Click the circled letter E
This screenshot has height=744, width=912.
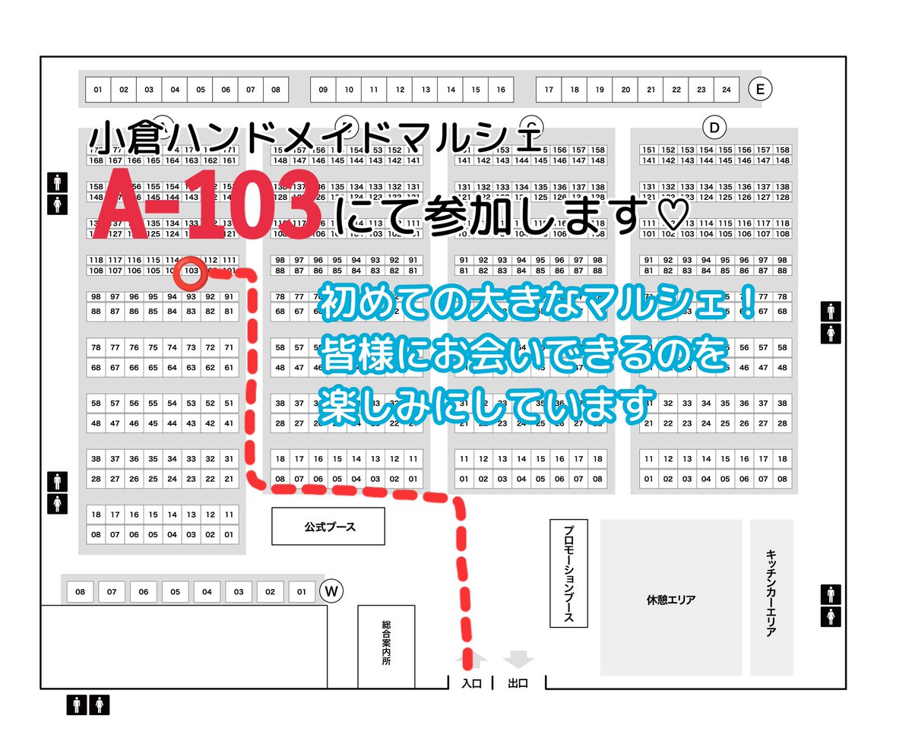[x=759, y=90]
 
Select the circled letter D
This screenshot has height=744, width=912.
[x=714, y=126]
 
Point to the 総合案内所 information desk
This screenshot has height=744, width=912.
[x=386, y=646]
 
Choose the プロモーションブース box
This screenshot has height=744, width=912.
[x=568, y=573]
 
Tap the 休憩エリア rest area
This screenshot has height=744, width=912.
[x=670, y=599]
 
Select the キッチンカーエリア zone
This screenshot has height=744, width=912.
[x=771, y=599]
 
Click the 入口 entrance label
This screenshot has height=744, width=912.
[x=471, y=683]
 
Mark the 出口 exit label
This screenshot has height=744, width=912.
[x=518, y=683]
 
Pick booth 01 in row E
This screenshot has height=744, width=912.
[x=97, y=90]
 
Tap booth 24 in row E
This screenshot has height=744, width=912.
[x=727, y=90]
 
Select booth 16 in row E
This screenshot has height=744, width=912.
[x=501, y=90]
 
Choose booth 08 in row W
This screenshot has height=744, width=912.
[x=80, y=591]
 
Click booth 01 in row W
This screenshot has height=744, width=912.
[x=302, y=591]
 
